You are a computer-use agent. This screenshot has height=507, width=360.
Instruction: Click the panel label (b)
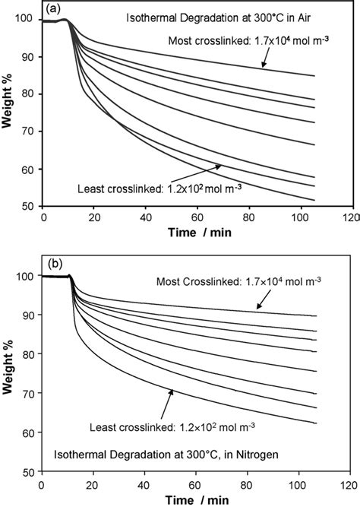coord(55,267)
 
